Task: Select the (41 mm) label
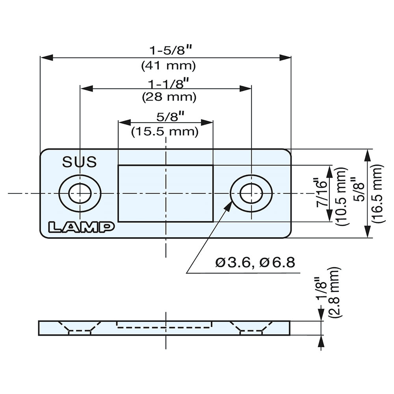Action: tap(169, 65)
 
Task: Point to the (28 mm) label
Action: tap(169, 97)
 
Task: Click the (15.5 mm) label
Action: tap(165, 131)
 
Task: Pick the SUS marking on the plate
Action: tap(80, 162)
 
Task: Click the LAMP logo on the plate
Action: tap(81, 227)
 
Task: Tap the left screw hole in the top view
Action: tap(80, 193)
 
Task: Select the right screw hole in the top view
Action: tap(251, 193)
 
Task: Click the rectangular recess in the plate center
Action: tap(165, 193)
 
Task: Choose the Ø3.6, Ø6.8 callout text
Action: tap(255, 262)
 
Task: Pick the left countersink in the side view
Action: tap(80, 328)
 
